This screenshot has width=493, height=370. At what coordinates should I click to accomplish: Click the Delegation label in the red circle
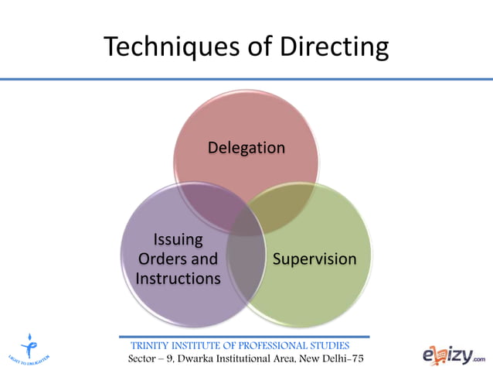[x=246, y=147]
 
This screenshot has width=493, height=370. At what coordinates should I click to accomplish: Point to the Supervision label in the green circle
[x=314, y=259]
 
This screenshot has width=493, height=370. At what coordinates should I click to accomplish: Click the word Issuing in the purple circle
[x=178, y=239]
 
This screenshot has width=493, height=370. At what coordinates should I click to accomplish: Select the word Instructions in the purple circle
[x=178, y=277]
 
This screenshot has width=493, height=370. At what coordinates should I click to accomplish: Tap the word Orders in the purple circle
[x=163, y=259]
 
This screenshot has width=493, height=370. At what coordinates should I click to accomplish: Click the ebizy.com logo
[x=454, y=355]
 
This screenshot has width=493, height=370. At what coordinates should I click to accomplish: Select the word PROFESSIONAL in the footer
[x=267, y=345]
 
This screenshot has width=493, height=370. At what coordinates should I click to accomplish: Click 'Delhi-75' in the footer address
[x=339, y=360]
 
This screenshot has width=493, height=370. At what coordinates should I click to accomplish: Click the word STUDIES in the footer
[x=328, y=345]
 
